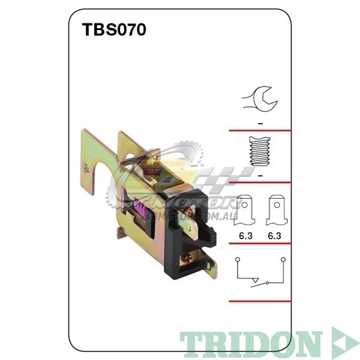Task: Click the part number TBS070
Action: point(114,30)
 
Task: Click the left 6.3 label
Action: point(245,237)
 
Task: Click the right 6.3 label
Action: point(274,237)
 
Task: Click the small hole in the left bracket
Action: point(87,170)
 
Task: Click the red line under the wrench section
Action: point(260,130)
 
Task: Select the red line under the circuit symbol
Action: point(260,301)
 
